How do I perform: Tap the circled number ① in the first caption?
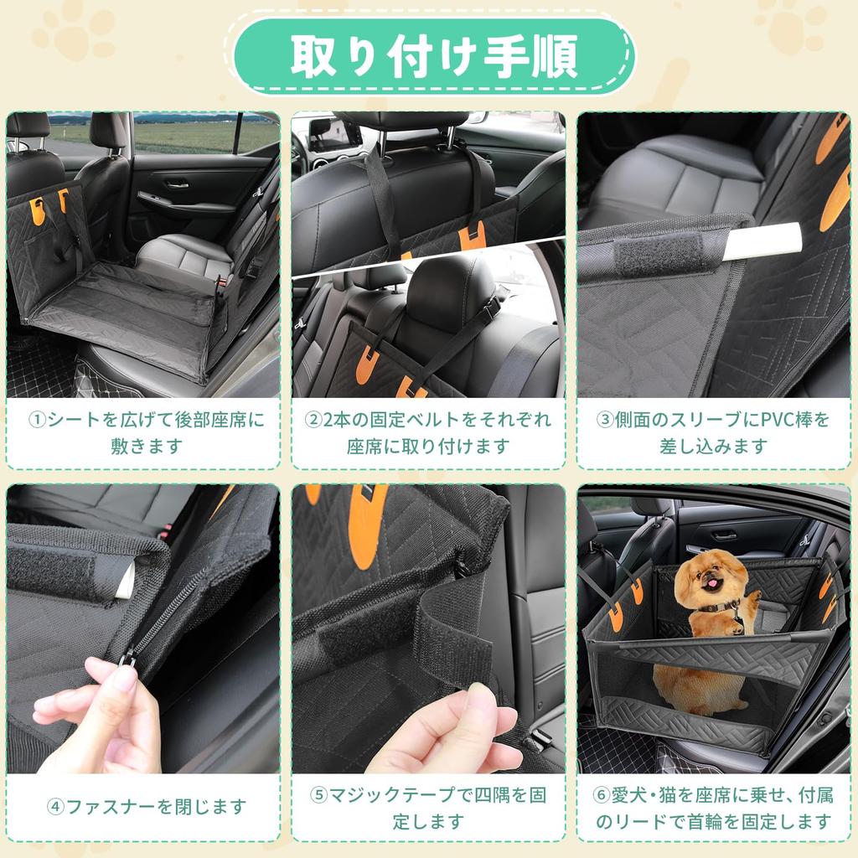tap(38, 420)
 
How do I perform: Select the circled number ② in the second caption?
tap(312, 420)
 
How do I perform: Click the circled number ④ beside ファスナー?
tap(56, 807)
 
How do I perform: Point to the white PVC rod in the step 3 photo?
tap(762, 242)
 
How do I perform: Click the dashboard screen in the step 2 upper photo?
tap(335, 134)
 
